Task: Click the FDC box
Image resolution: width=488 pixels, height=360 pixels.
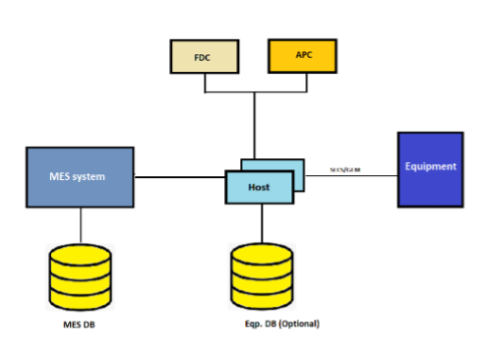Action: pyautogui.click(x=204, y=57)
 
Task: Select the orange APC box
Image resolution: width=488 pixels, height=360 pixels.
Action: pyautogui.click(x=302, y=56)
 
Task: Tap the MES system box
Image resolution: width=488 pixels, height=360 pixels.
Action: pyautogui.click(x=79, y=177)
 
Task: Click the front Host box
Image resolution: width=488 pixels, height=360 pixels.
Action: pyautogui.click(x=259, y=187)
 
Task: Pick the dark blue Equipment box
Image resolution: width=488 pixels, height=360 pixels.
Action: pyautogui.click(x=430, y=168)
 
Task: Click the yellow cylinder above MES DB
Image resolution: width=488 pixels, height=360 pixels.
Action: pyautogui.click(x=80, y=276)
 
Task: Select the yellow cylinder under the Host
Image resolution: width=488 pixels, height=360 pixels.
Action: pyautogui.click(x=262, y=276)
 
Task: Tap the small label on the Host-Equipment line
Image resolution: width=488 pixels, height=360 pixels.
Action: pyautogui.click(x=344, y=170)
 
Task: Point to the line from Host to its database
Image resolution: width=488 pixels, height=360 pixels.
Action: pyautogui.click(x=261, y=223)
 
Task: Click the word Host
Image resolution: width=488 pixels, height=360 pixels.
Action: pyautogui.click(x=259, y=187)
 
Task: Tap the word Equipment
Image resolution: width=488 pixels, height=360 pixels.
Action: pyautogui.click(x=430, y=167)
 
